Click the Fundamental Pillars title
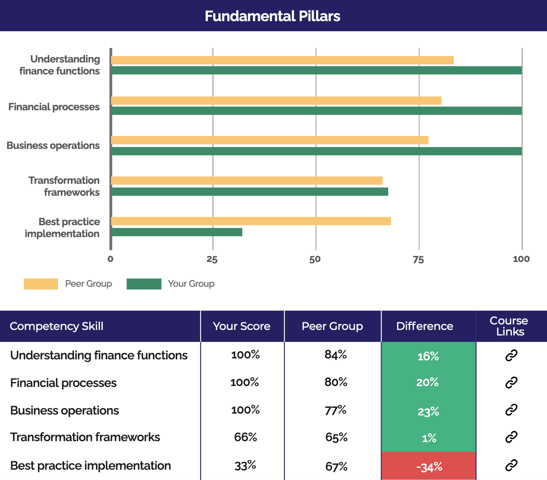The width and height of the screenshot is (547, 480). (x=272, y=16)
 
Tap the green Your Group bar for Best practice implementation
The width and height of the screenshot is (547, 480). (x=177, y=232)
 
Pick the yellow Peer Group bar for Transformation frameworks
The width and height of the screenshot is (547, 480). (x=247, y=181)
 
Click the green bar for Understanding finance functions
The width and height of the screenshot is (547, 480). (x=316, y=70)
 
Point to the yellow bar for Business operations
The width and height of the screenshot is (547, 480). (x=269, y=140)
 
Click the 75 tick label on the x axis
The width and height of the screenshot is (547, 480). (x=418, y=259)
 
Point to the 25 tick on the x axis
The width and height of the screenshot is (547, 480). (x=212, y=259)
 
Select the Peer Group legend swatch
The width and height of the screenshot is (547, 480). (x=41, y=284)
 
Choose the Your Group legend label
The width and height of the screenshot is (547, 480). (x=191, y=284)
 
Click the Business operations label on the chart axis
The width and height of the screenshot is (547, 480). (x=53, y=145)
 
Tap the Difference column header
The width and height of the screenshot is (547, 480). (x=424, y=326)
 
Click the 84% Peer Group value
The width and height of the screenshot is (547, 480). (x=335, y=355)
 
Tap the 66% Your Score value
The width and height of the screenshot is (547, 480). (x=245, y=437)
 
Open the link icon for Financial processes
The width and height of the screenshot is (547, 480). (x=511, y=382)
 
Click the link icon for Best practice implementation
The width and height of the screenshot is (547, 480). (x=511, y=465)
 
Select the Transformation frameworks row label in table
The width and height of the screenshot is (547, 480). (x=85, y=437)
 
